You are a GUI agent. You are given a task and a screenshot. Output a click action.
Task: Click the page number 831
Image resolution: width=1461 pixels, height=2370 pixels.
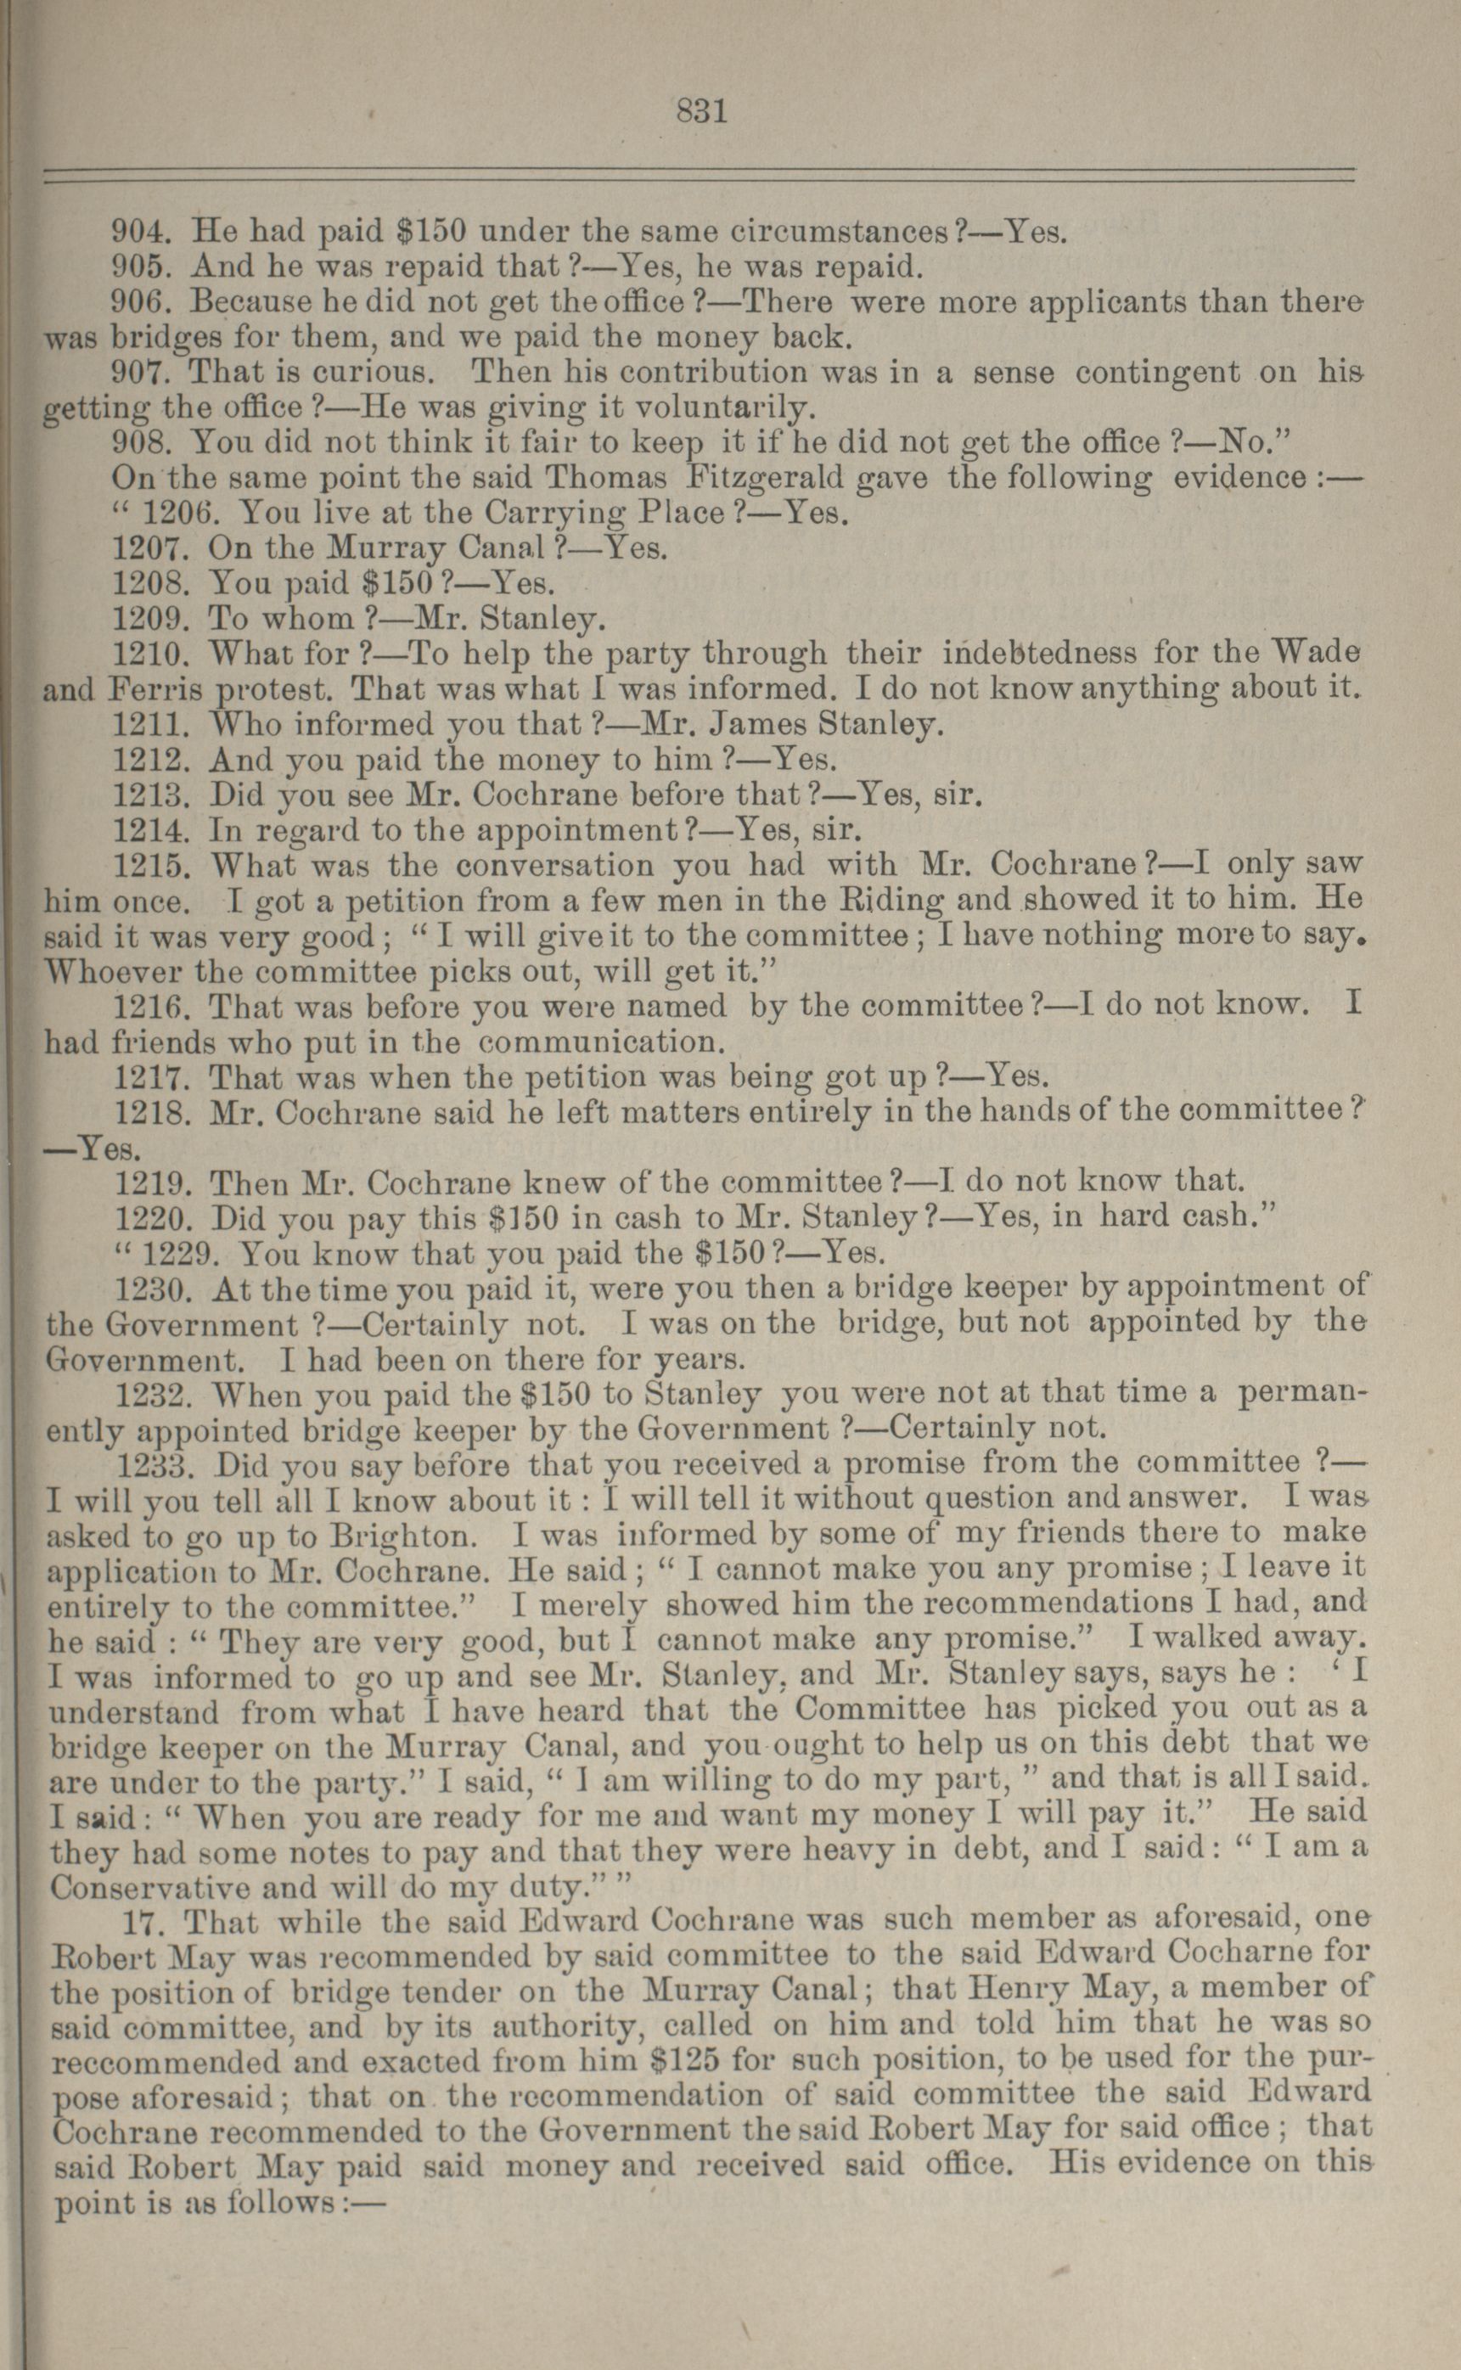(x=701, y=111)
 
